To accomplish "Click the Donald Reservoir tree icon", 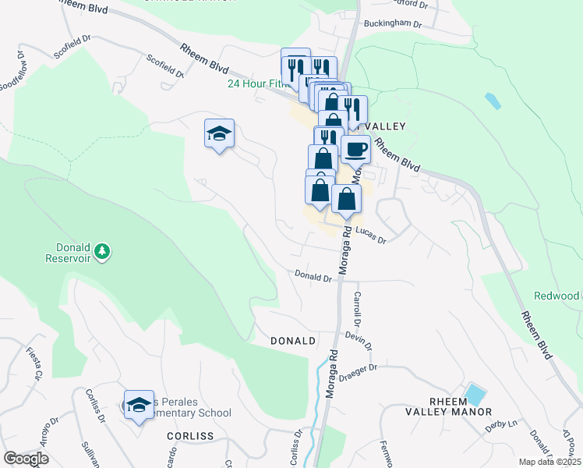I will click(102, 251).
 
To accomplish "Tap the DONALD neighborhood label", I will click(293, 341).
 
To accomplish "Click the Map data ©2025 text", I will click(549, 462).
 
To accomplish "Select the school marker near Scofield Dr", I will click(219, 134).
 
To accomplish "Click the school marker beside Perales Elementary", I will click(139, 405).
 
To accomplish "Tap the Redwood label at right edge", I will click(556, 296).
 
